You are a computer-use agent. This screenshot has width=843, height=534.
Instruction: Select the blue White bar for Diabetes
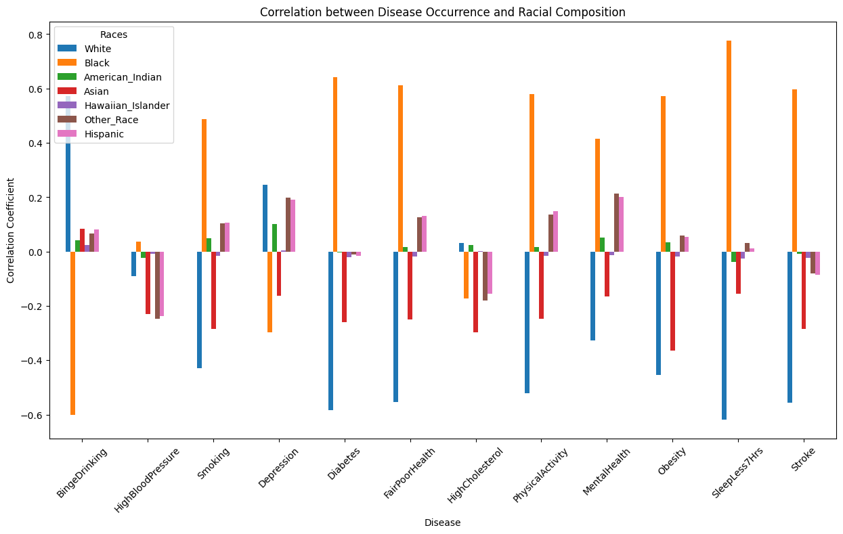(330, 331)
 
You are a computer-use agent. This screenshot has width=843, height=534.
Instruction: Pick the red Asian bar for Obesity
(672, 301)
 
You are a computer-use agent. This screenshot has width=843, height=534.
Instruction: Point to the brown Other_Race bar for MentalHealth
(616, 223)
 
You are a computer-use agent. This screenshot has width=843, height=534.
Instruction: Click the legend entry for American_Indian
(122, 77)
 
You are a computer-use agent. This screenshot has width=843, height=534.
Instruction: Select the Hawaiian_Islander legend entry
(126, 106)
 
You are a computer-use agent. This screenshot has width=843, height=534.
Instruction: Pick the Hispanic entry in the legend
(103, 134)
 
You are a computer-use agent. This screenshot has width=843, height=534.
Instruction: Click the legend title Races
(114, 35)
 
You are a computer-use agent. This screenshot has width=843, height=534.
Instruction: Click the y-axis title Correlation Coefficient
(11, 231)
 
